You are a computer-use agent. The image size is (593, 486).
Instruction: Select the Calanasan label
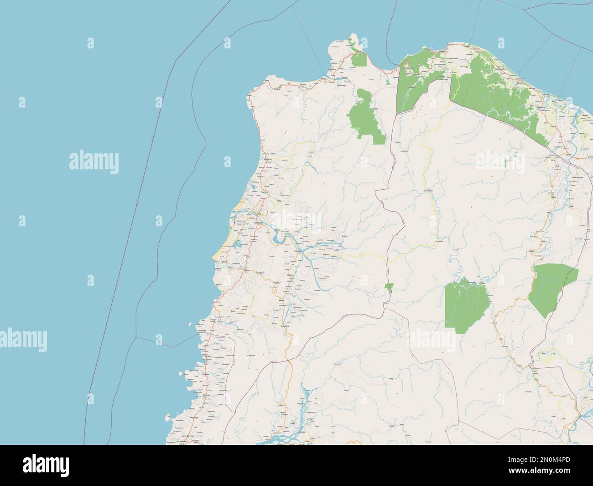(x=428, y=190)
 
